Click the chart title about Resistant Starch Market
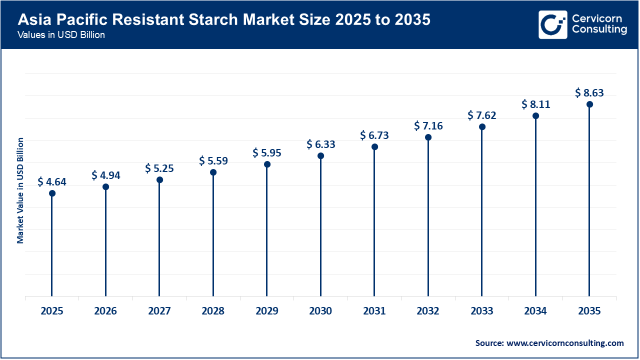click(224, 20)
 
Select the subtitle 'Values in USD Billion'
click(61, 35)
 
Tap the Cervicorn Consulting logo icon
click(552, 24)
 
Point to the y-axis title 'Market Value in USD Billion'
click(20, 190)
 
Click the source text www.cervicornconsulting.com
click(549, 343)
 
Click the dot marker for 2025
click(52, 193)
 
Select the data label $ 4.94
click(105, 175)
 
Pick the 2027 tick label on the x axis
click(159, 311)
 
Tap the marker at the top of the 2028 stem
click(213, 172)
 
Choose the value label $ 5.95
click(267, 152)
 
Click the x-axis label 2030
click(320, 311)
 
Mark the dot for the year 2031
click(374, 146)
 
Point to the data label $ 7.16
click(428, 125)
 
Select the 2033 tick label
click(482, 311)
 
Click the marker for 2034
click(535, 115)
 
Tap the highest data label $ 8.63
click(589, 92)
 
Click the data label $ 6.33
click(320, 144)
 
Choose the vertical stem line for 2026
click(105, 245)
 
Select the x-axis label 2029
click(267, 311)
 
